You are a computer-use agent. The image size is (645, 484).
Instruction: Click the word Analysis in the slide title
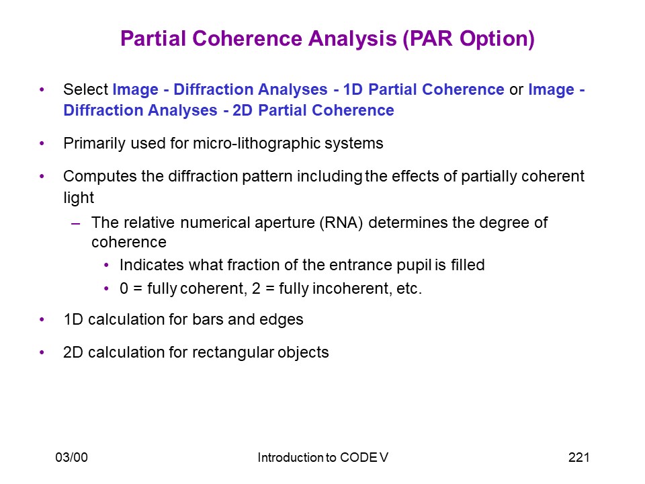coord(353,39)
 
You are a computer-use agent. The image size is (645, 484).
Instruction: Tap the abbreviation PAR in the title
coord(432,39)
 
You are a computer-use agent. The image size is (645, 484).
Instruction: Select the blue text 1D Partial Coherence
coord(424,89)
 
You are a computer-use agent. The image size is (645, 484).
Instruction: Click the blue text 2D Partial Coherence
coord(314,110)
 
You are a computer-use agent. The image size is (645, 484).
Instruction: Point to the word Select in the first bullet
coord(85,89)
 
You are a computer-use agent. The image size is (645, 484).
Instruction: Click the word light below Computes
coord(79,198)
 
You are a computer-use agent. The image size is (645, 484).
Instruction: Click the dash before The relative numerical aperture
coord(75,224)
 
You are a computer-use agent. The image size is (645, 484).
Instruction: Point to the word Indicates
coord(152,265)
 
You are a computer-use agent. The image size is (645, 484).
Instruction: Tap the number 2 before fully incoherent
coord(256,288)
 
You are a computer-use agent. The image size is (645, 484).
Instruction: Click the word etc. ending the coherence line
coord(409,288)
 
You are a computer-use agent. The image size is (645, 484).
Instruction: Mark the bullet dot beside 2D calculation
coord(42,352)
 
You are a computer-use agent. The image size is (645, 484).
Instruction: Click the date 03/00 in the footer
coord(72,457)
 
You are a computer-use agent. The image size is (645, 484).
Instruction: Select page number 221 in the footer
coord(578,457)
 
